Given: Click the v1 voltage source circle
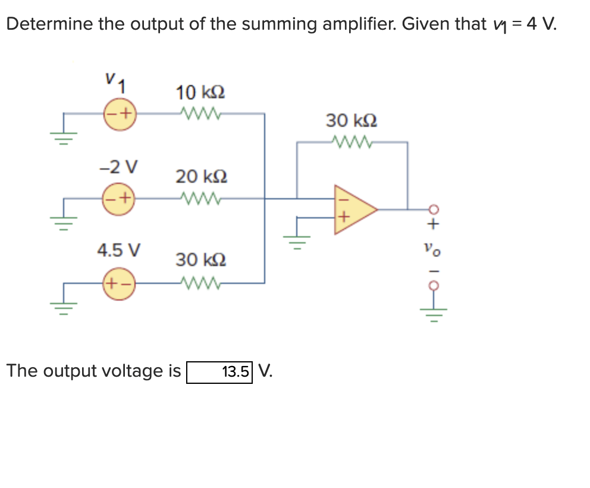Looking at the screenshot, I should pos(120,113).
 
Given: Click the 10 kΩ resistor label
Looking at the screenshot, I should pos(200,93).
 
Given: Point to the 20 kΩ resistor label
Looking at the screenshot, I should pos(200,177).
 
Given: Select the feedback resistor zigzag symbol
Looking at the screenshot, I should pos(351,142).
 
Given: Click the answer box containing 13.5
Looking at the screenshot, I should pos(219,373).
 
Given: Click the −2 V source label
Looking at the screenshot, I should pos(119,166).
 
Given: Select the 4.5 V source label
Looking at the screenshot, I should pos(119,249).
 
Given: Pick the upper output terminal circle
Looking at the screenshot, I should pos(435,209).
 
